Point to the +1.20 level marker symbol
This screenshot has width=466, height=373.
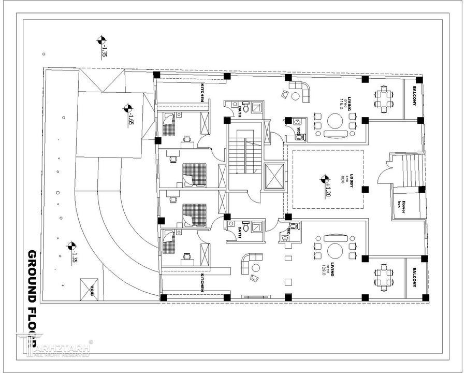325,180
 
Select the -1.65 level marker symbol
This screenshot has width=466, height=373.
127,109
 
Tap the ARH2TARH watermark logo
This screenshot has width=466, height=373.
54,346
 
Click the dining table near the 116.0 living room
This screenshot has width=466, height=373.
383,98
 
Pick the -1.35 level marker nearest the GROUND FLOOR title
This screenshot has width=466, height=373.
71,246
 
